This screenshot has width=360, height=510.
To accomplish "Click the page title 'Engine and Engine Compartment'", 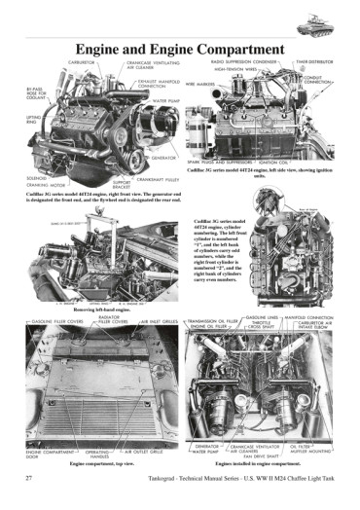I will point(180,49).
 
